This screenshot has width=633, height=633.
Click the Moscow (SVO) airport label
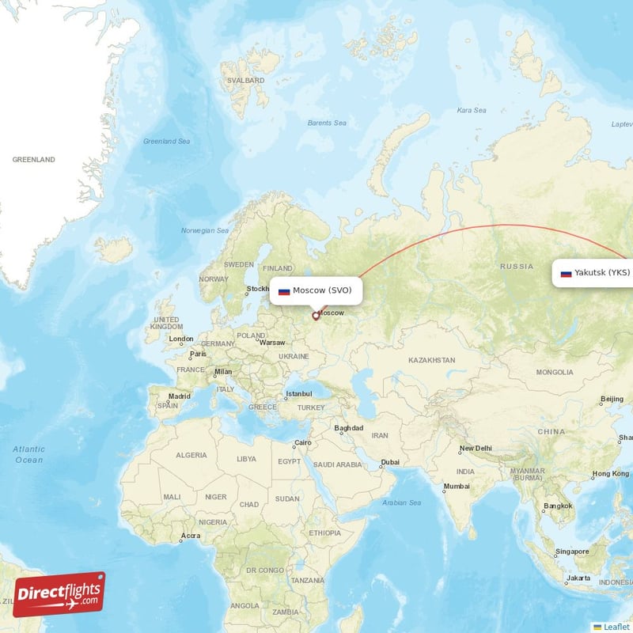316,290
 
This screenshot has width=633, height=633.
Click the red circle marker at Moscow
316,316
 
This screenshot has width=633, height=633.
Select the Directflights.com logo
59,594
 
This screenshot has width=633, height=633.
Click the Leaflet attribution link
616,626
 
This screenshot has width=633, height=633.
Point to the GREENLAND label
34,160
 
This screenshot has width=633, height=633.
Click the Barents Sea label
327,123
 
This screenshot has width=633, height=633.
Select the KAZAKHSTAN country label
431,360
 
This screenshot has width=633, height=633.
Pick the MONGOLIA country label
554,372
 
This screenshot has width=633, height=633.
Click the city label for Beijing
612,399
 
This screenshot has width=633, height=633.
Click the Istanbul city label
299,393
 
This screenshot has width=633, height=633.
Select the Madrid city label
179,397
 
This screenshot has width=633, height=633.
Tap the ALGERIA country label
191,456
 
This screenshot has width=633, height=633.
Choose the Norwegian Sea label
205,230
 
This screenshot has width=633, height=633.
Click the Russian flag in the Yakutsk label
566,274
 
